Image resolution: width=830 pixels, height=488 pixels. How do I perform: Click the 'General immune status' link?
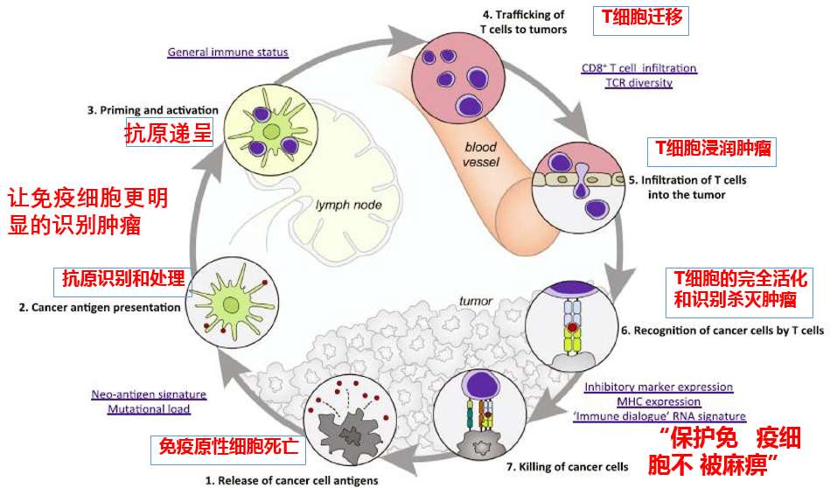pyautogui.click(x=227, y=52)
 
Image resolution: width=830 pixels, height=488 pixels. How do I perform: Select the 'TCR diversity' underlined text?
pyautogui.click(x=639, y=83)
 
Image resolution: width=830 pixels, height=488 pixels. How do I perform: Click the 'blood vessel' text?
pyautogui.click(x=480, y=155)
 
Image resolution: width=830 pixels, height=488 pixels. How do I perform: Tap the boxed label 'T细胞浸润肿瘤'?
pyautogui.click(x=714, y=149)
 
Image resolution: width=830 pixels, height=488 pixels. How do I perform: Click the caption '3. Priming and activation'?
pyautogui.click(x=152, y=110)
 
